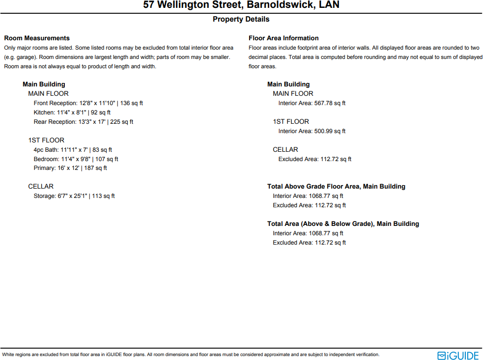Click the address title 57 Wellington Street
241,5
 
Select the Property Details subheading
241,19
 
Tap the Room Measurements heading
37,38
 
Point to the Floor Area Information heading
284,38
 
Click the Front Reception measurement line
88,103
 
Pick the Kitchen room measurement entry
72,112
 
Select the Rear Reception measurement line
83,122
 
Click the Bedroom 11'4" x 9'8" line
76,159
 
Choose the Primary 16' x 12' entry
70,168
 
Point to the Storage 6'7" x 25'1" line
74,196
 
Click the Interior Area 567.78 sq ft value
312,103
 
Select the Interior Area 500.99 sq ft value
312,131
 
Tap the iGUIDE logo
458,355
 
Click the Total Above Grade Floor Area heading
336,187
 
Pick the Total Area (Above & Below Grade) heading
343,224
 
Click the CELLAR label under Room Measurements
41,187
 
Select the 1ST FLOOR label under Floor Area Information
291,122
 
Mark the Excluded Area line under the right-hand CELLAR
314,159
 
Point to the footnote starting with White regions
191,355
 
